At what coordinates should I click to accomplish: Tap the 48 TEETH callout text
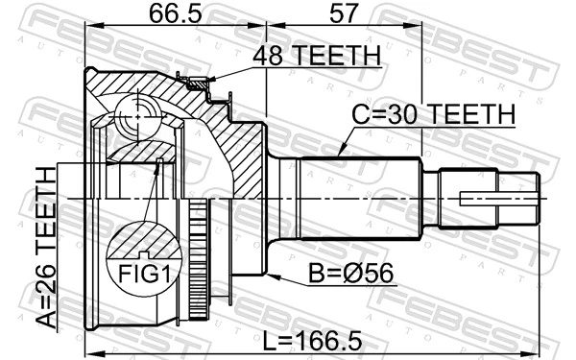click(x=315, y=57)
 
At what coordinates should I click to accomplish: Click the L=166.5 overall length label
click(x=312, y=339)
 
